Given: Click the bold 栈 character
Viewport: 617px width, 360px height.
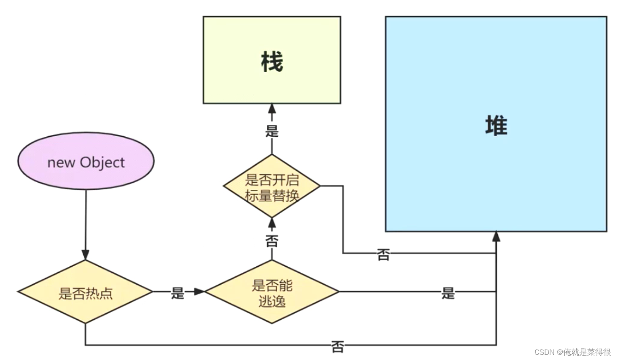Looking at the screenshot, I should (272, 62).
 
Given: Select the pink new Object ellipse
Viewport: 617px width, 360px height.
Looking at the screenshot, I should (86, 161).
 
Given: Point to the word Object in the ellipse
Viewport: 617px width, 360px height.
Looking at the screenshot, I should (102, 163).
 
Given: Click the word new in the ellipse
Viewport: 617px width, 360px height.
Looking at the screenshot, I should (61, 163).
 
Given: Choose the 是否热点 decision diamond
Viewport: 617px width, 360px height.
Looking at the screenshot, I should (85, 292).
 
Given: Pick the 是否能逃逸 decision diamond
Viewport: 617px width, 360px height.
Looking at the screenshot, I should (272, 292).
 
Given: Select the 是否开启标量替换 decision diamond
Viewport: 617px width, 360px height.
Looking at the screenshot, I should (272, 186).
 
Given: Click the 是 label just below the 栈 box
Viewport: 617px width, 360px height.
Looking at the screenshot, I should (272, 131).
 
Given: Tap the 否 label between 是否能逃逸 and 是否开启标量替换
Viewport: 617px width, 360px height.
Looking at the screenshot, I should (272, 241).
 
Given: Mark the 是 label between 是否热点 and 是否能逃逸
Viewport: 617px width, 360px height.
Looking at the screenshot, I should (177, 293).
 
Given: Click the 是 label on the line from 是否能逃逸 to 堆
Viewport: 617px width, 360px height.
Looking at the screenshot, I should (448, 293).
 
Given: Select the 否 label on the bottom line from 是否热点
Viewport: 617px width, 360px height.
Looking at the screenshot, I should (337, 346).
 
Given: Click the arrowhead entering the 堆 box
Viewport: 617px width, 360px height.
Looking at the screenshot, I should (496, 236).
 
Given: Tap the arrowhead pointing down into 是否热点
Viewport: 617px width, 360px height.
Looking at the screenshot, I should (85, 255).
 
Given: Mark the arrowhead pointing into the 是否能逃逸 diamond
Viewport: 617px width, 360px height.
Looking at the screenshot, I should (199, 292).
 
